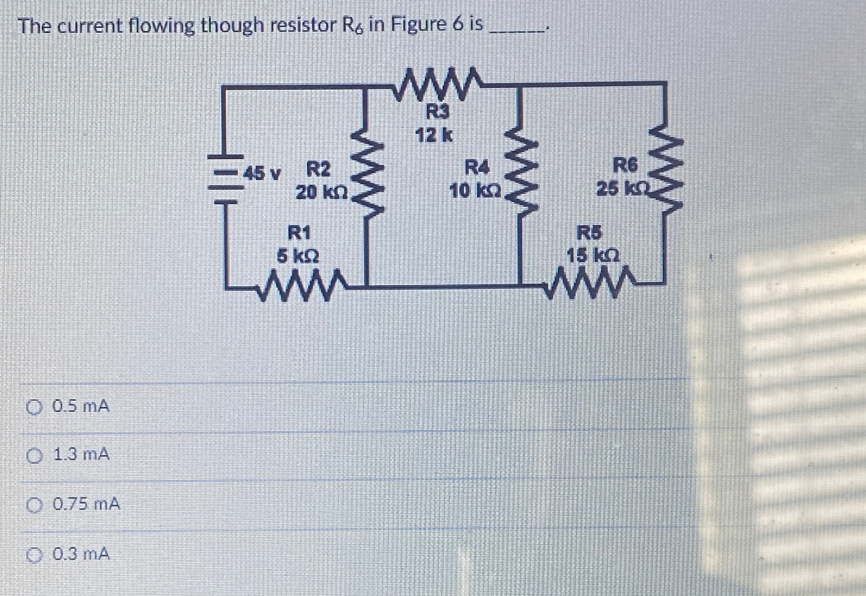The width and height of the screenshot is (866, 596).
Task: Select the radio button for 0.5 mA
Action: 35,407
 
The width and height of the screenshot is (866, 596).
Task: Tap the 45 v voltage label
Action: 262,174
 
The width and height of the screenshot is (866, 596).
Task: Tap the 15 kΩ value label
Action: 592,256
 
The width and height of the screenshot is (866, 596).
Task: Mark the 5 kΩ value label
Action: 298,256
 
